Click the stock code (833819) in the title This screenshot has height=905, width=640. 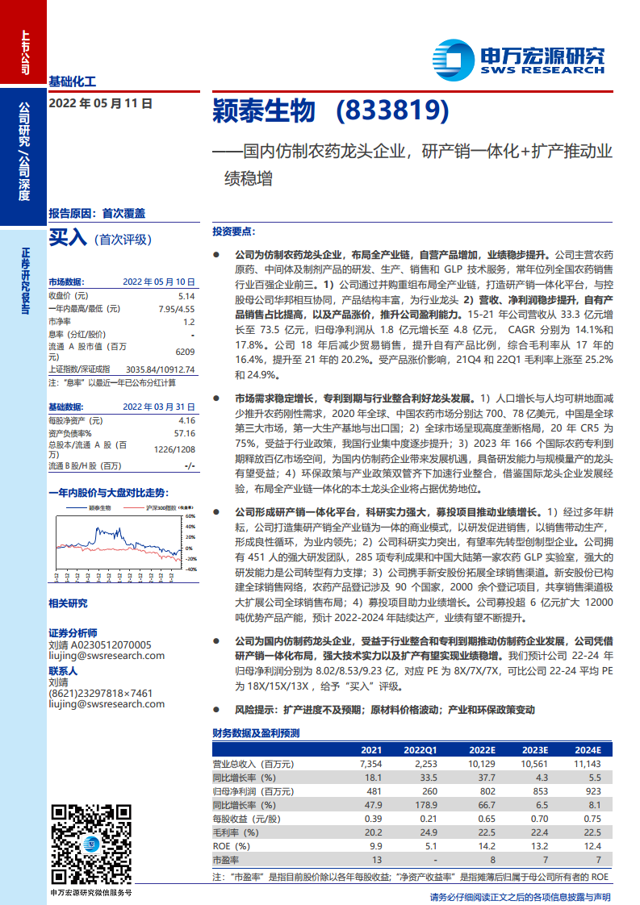[x=391, y=111]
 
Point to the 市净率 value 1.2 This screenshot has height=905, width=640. [x=188, y=321]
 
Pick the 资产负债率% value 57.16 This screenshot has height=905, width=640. [x=184, y=433]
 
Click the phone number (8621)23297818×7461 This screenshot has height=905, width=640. [x=100, y=693]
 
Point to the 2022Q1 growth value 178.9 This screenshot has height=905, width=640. [x=425, y=805]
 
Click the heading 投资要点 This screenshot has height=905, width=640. [x=234, y=231]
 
